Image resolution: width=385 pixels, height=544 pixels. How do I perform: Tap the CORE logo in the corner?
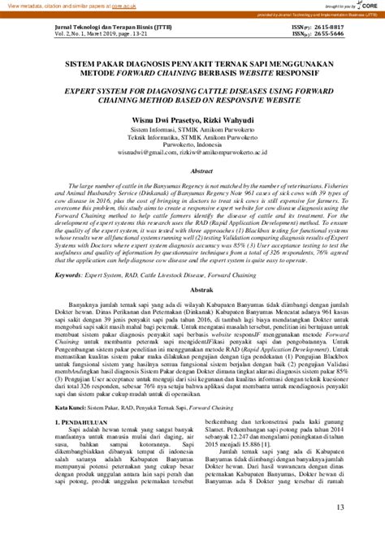pyautogui.click(x=371, y=5)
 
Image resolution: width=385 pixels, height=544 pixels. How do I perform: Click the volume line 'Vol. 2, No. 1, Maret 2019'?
pyautogui.click(x=84, y=33)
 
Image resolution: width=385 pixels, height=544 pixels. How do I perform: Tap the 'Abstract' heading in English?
pyautogui.click(x=192, y=172)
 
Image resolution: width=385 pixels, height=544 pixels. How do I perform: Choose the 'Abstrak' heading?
pyautogui.click(x=192, y=288)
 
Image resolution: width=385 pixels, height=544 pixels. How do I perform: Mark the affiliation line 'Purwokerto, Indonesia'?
pyautogui.click(x=192, y=142)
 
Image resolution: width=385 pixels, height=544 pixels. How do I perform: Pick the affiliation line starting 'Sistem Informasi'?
pyautogui.click(x=192, y=126)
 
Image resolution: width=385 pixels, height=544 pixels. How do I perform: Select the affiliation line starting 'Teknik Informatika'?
pyautogui.click(x=192, y=134)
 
